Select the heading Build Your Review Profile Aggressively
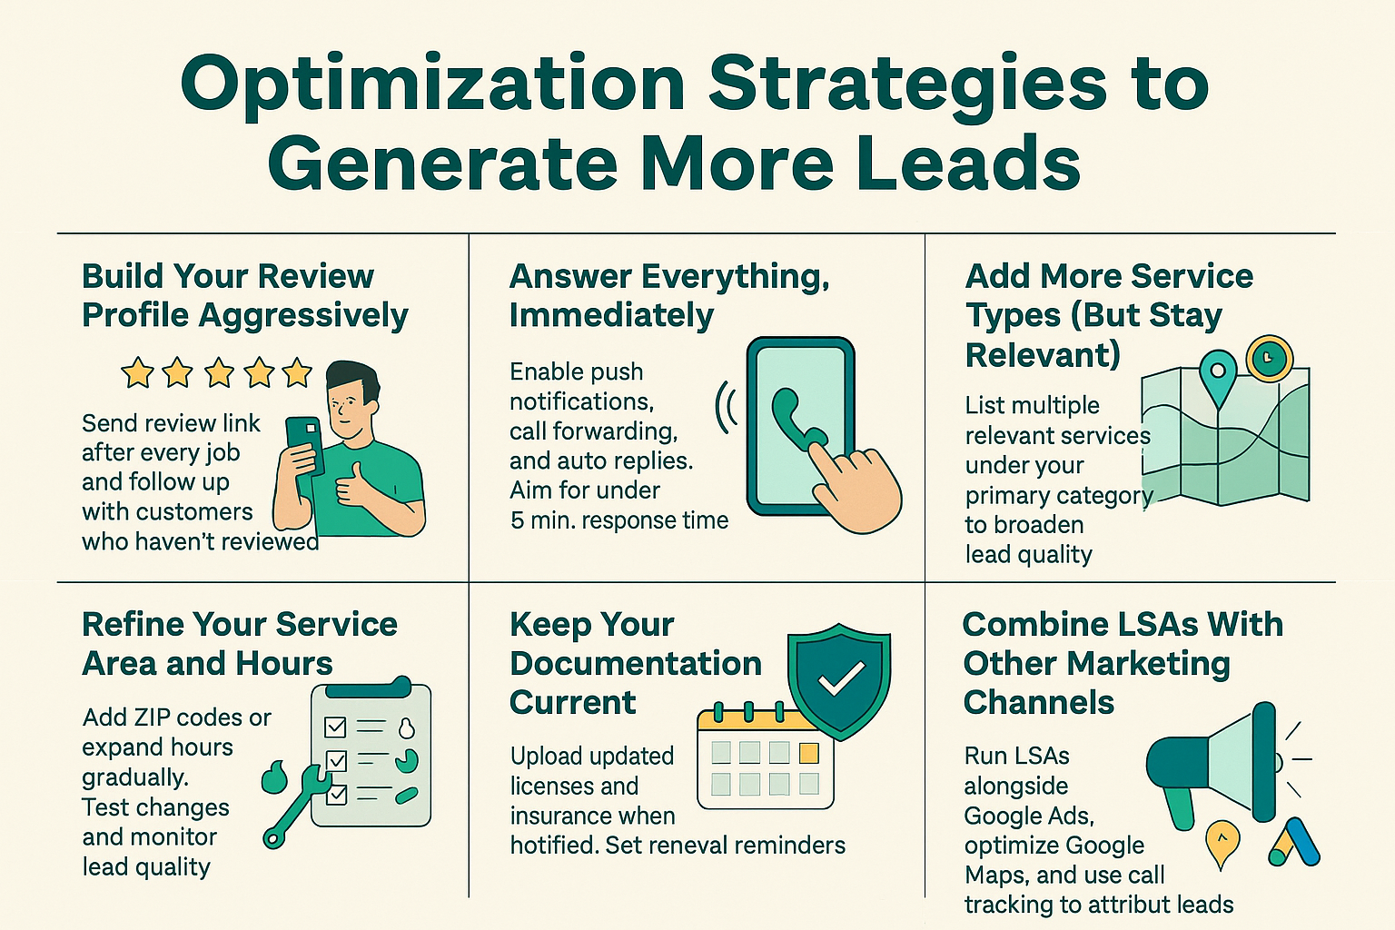(x=245, y=295)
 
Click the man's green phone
(x=304, y=445)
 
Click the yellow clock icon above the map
(x=1269, y=359)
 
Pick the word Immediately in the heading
(x=611, y=315)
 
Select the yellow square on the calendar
(x=808, y=752)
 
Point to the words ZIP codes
(x=177, y=717)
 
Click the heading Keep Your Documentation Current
(x=635, y=663)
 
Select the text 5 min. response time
(x=619, y=520)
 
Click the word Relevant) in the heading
(x=1042, y=354)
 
